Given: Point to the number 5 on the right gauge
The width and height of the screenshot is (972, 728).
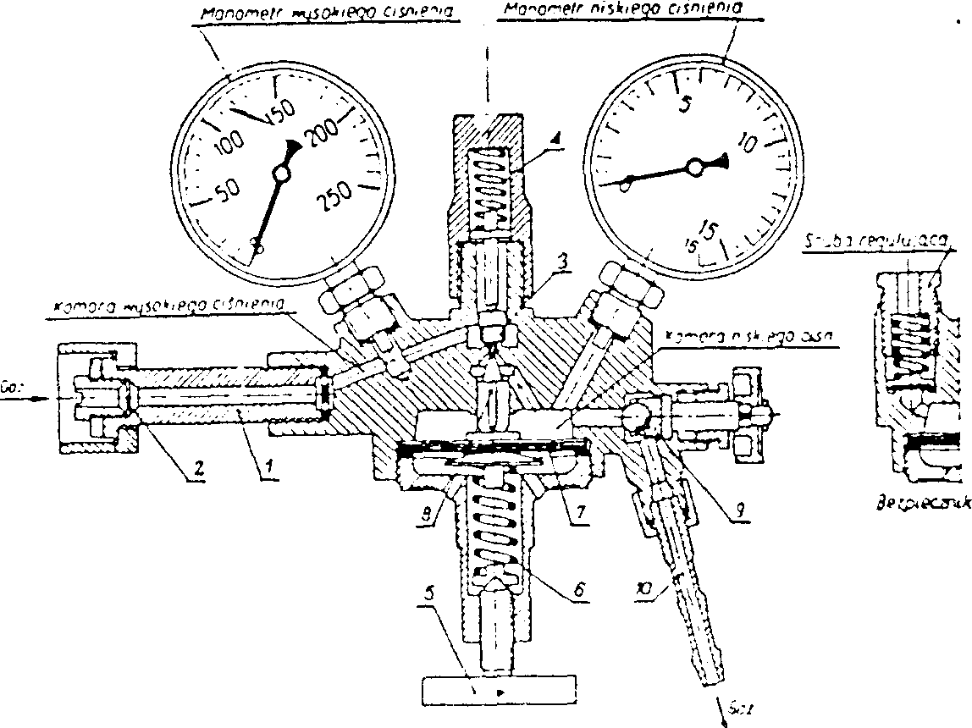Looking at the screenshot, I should tap(687, 102).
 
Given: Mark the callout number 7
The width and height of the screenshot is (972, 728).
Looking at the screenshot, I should tap(577, 510).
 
